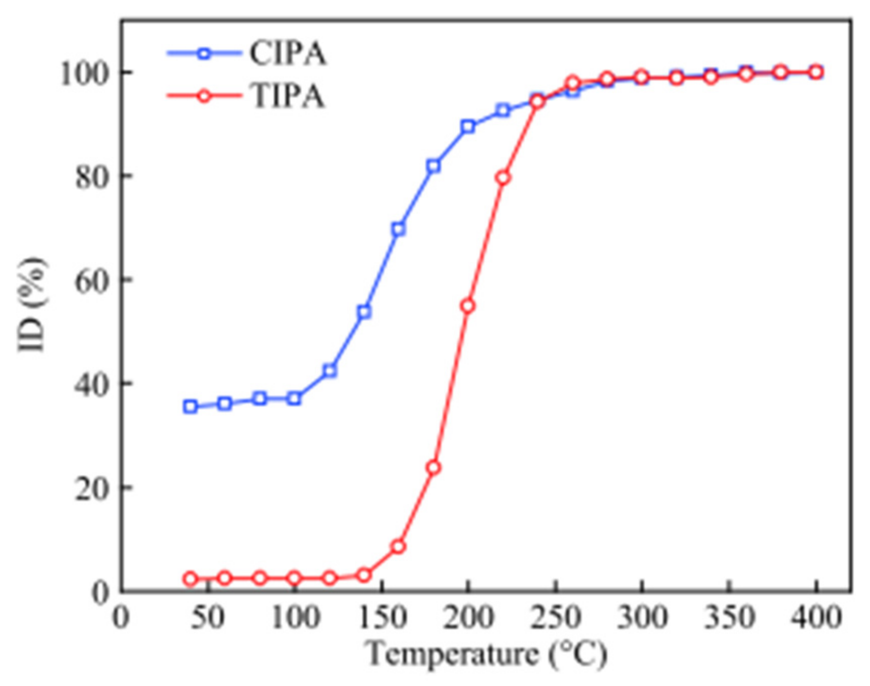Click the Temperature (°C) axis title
pos(487,655)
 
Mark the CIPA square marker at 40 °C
pos(190,407)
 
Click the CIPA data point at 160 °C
pos(398,230)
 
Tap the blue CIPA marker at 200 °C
pos(468,127)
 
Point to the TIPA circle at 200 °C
pos(468,306)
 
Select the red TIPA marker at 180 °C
pos(433,468)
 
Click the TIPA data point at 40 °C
pos(190,579)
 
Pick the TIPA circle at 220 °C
pos(503,178)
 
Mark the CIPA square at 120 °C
pos(329,371)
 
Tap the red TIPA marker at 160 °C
pos(398,546)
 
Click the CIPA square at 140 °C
pos(364,312)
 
